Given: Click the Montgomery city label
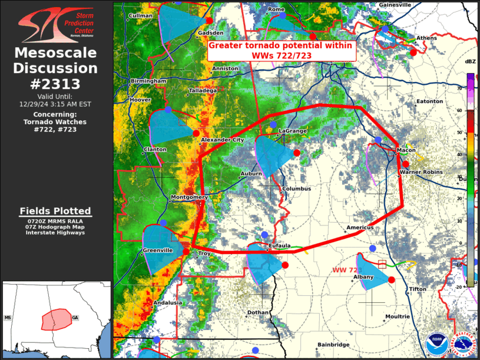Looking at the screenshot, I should [x=188, y=197].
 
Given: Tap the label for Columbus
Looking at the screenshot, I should [x=296, y=189].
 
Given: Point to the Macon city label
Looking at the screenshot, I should [x=406, y=150].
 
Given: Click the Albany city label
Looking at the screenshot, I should [x=363, y=276].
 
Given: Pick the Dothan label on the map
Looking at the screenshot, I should [x=258, y=312].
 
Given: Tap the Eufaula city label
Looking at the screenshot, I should [x=280, y=246].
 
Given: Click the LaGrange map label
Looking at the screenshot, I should [x=292, y=130].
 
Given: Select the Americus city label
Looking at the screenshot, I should [x=360, y=227].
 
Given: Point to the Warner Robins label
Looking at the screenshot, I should [x=421, y=172].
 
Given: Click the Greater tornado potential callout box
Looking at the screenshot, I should [x=282, y=50].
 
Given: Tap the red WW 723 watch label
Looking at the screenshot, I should [x=346, y=269].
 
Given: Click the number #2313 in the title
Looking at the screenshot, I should [x=55, y=83].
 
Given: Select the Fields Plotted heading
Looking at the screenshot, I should [x=55, y=211].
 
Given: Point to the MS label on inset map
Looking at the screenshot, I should [x=8, y=318].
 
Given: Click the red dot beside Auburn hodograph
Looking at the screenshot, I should [x=297, y=153].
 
